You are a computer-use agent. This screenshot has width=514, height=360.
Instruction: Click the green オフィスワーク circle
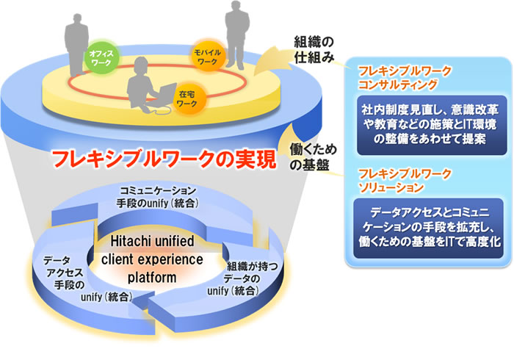(99, 59)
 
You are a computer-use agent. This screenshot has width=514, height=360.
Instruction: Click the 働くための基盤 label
(309, 156)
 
